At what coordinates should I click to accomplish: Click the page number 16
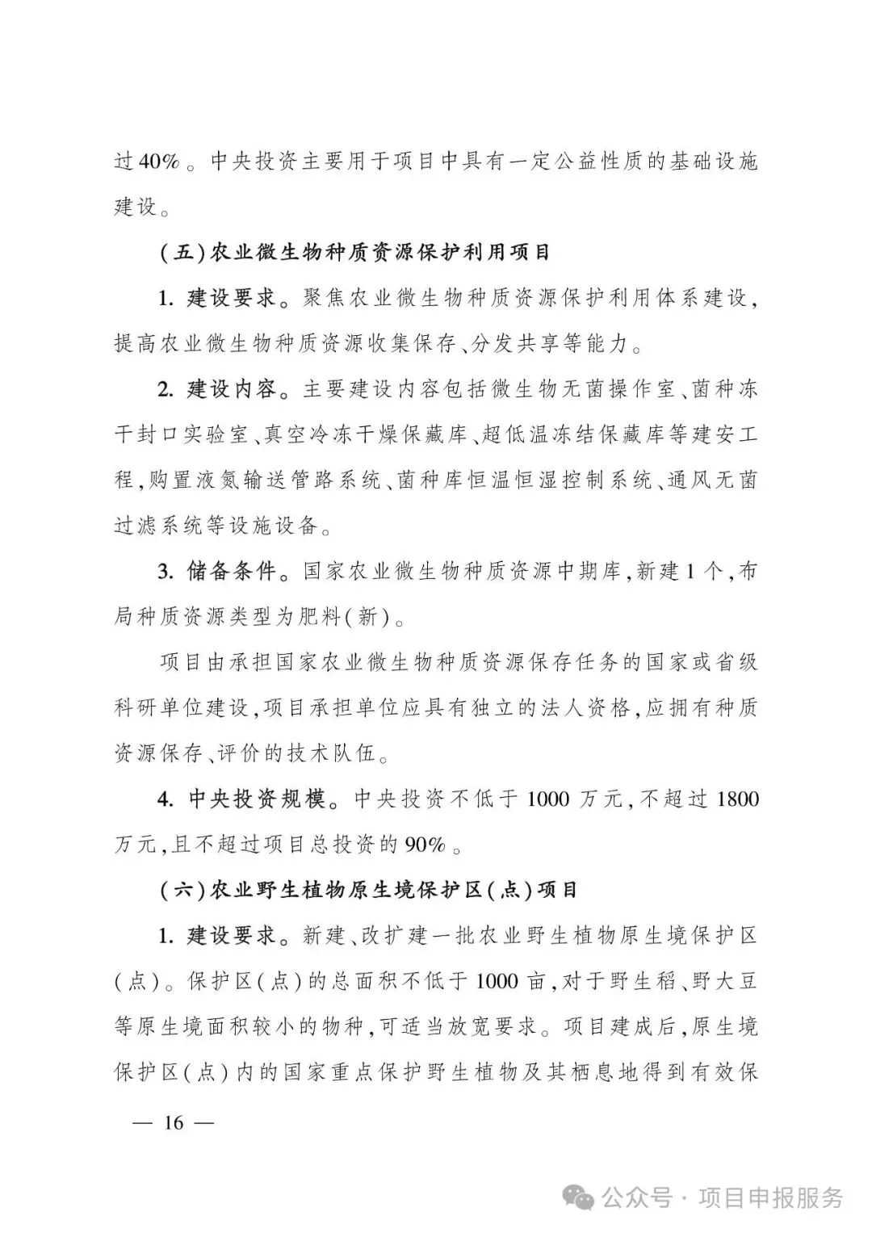174,1122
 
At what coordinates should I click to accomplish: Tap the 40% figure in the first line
158,161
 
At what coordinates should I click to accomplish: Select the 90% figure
426,845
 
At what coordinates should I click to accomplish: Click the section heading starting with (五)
355,253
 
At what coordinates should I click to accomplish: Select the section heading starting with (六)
369,891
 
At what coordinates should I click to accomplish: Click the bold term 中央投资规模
257,799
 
